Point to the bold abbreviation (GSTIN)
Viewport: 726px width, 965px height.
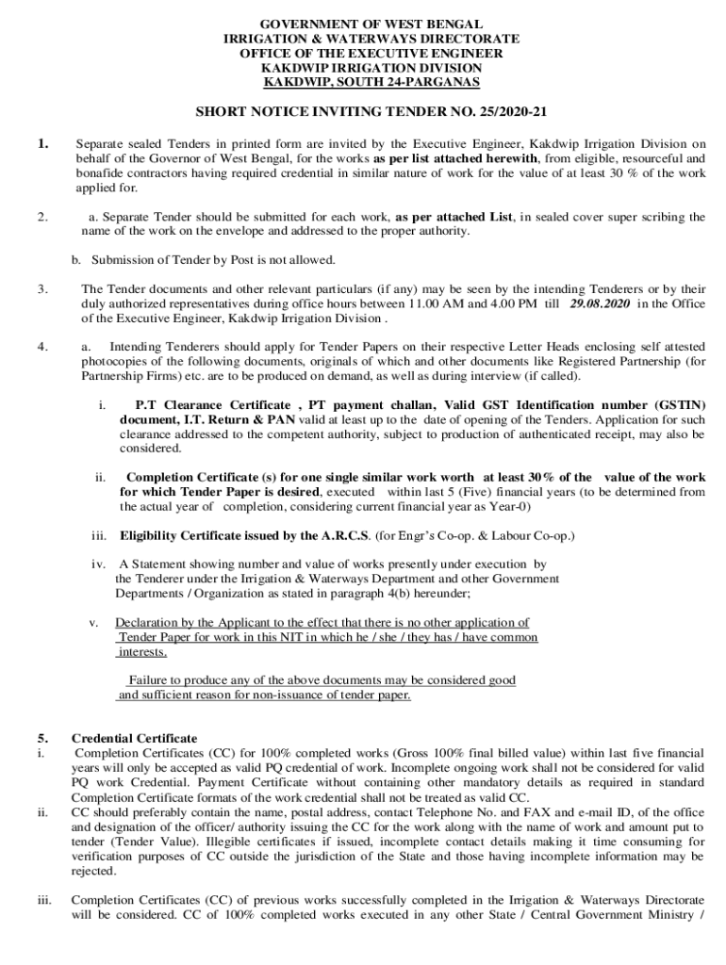pyautogui.click(x=671, y=404)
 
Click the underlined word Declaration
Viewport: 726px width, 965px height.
pyautogui.click(x=149, y=623)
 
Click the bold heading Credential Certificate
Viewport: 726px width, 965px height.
pyautogui.click(x=135, y=738)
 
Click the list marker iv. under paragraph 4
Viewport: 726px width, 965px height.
pyautogui.click(x=98, y=564)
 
